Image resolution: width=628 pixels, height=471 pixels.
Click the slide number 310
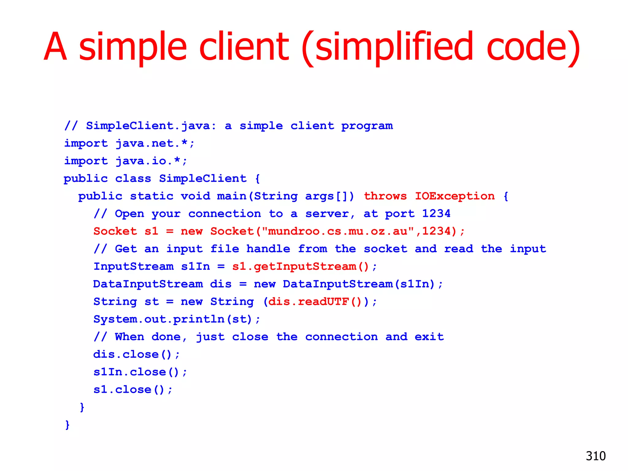coord(595,456)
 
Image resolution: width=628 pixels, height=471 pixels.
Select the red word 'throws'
coord(385,196)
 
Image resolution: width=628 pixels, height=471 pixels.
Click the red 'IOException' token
coord(455,196)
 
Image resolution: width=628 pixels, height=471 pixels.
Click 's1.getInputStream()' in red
coord(301,266)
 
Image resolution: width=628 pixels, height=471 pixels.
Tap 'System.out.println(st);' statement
coord(177,319)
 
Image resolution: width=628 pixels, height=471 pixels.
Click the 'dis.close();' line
coord(136,354)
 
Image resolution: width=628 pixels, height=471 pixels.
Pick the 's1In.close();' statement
coord(140,372)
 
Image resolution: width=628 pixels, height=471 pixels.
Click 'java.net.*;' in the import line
coord(155,143)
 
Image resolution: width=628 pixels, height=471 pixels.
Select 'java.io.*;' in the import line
coord(151,161)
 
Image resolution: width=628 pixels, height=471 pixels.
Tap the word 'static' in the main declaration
coord(151,196)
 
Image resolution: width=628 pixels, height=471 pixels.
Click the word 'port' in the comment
coord(400,214)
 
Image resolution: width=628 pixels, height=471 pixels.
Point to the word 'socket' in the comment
coord(385,249)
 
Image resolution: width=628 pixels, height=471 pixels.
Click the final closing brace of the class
coord(67,425)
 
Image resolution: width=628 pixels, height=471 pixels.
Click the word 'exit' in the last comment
coord(429,337)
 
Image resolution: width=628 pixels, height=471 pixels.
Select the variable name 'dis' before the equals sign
coord(221,284)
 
